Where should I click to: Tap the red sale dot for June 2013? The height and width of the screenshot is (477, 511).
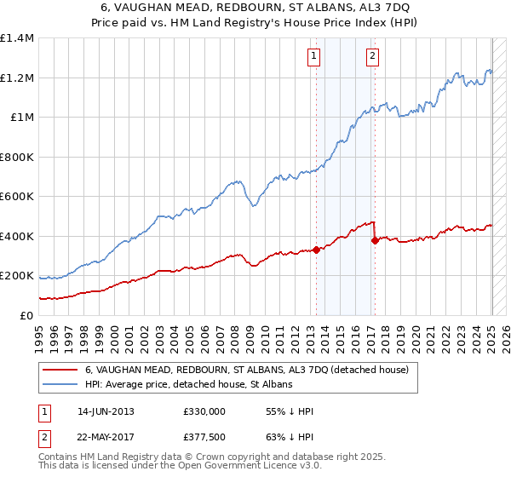[316, 250]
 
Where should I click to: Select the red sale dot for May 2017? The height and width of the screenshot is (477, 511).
[375, 240]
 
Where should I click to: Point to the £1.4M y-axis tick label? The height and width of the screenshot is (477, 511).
[17, 38]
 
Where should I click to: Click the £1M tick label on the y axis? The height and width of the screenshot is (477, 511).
[21, 118]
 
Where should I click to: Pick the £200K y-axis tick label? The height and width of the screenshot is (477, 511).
[17, 276]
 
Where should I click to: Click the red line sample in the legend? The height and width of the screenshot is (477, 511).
[60, 370]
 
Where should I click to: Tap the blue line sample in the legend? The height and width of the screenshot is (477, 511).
[60, 384]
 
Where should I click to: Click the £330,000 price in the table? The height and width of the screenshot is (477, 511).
[204, 411]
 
